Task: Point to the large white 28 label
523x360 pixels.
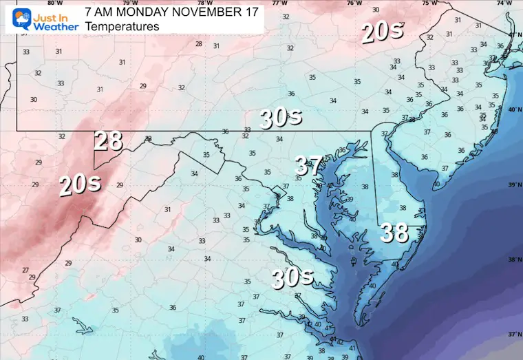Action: (108, 141)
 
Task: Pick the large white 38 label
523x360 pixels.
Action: (395, 233)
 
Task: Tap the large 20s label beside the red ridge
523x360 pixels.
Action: (80, 184)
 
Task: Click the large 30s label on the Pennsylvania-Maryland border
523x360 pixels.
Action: (281, 118)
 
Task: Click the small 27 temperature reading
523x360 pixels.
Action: (25, 271)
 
